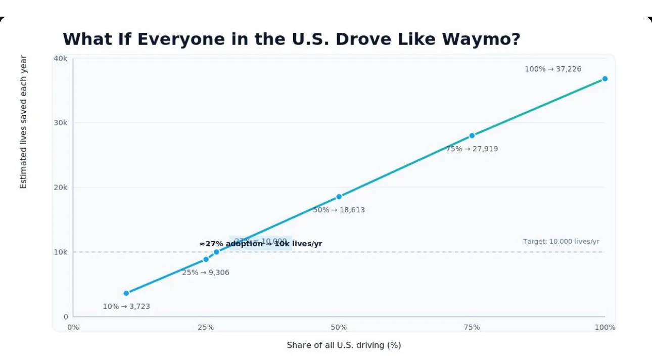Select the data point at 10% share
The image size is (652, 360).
point(126,293)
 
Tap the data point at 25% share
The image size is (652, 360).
point(206,259)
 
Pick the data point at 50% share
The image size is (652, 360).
point(339,197)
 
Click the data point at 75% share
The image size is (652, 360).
point(472,136)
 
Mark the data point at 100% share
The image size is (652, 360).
point(604,79)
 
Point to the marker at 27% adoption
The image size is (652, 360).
point(216,252)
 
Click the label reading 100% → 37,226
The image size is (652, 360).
point(553,69)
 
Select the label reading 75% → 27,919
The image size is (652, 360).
point(472,149)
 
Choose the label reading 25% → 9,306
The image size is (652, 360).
point(206,273)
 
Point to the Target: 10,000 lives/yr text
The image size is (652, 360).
point(561,242)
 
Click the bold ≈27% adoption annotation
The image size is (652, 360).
point(261,244)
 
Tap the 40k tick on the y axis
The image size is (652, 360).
point(61,59)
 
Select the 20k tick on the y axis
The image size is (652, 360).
point(61,188)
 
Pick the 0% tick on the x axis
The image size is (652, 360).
point(73,328)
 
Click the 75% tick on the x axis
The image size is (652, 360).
point(472,328)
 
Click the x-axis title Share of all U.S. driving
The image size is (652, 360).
point(344,345)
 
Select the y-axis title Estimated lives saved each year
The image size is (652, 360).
point(23,122)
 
